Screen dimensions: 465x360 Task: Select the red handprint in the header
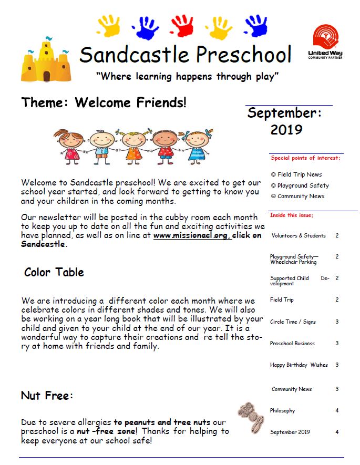tap(182, 26)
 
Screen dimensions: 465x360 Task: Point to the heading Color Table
tap(54, 272)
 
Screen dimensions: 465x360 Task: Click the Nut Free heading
tap(47, 396)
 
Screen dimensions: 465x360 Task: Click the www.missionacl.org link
tap(191, 236)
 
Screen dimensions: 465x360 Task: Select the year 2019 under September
tap(286, 129)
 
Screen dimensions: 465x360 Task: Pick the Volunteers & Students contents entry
tap(299, 236)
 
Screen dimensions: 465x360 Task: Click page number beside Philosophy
tap(337, 411)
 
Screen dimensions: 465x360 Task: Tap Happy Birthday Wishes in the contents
tap(299, 365)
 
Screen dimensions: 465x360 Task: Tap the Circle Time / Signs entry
tap(292, 322)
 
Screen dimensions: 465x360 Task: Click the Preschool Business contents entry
tap(292, 343)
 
